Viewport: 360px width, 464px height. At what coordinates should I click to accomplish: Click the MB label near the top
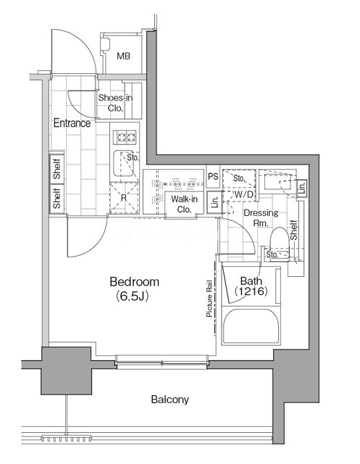(x=123, y=56)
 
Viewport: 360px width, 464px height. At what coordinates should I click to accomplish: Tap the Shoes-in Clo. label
(x=115, y=103)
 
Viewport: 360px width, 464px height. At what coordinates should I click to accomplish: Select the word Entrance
(x=72, y=123)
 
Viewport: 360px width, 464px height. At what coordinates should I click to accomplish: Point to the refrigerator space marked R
(x=124, y=198)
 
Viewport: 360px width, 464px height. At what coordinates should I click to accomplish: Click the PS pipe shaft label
(x=213, y=177)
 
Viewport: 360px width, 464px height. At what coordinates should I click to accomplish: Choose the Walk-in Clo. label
(x=184, y=204)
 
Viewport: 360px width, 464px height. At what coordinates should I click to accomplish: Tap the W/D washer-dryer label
(x=244, y=194)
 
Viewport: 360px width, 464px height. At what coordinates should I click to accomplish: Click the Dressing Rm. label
(x=261, y=217)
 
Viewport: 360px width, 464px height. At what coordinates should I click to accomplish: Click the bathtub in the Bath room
(x=251, y=326)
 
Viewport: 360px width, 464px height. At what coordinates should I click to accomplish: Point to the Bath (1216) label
(x=251, y=286)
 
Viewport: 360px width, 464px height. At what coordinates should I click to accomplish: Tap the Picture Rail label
(x=209, y=299)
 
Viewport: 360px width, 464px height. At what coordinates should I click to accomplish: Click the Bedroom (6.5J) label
(x=134, y=289)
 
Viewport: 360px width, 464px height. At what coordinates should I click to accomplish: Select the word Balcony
(x=170, y=399)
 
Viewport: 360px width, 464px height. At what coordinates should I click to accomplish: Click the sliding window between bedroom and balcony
(x=162, y=362)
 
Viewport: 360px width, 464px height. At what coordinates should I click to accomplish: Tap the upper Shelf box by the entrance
(x=56, y=167)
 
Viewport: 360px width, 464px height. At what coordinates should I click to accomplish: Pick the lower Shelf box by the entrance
(x=56, y=198)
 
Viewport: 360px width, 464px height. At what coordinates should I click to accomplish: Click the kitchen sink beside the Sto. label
(x=123, y=163)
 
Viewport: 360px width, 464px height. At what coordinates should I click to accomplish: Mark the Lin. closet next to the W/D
(x=214, y=203)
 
